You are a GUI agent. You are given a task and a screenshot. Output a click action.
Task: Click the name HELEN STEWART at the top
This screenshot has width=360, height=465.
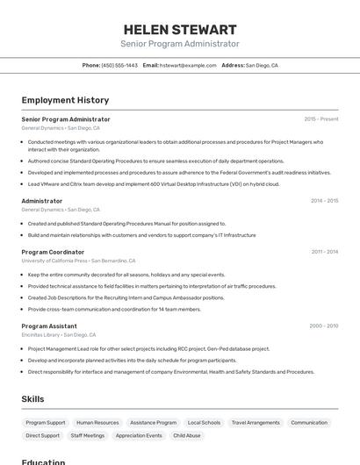[180, 29]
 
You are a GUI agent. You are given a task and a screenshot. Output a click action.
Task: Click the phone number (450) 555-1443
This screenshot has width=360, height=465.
[119, 65]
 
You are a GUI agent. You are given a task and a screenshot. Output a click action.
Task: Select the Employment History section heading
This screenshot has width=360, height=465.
[65, 100]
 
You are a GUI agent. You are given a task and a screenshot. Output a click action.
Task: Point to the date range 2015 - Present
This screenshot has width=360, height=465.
[321, 119]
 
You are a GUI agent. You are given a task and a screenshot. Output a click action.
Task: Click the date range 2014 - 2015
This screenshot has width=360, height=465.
[324, 201]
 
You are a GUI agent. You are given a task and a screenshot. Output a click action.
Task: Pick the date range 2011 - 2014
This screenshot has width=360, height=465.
[324, 252]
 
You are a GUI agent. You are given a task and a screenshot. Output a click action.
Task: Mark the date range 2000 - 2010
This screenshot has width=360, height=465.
[323, 325]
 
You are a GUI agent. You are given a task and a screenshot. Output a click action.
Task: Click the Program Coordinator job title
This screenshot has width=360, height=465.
[53, 252]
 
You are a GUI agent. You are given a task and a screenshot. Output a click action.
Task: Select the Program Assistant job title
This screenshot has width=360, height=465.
[49, 325]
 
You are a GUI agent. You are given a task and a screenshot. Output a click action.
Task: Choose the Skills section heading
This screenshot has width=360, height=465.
[32, 399]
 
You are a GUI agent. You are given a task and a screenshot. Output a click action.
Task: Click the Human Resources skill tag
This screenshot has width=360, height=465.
[97, 423]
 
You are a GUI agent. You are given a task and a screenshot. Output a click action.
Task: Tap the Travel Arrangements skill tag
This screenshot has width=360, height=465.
[256, 423]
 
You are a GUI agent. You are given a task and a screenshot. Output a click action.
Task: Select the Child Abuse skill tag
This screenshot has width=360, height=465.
[187, 435]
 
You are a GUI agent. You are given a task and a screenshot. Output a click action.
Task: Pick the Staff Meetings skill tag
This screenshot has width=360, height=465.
[88, 435]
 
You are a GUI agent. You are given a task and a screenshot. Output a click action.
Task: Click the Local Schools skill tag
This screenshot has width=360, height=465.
[204, 423]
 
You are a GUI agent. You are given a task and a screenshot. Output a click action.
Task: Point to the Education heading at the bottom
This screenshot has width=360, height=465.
[43, 461]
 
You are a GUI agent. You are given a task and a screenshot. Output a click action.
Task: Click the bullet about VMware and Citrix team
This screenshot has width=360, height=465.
[154, 184]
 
